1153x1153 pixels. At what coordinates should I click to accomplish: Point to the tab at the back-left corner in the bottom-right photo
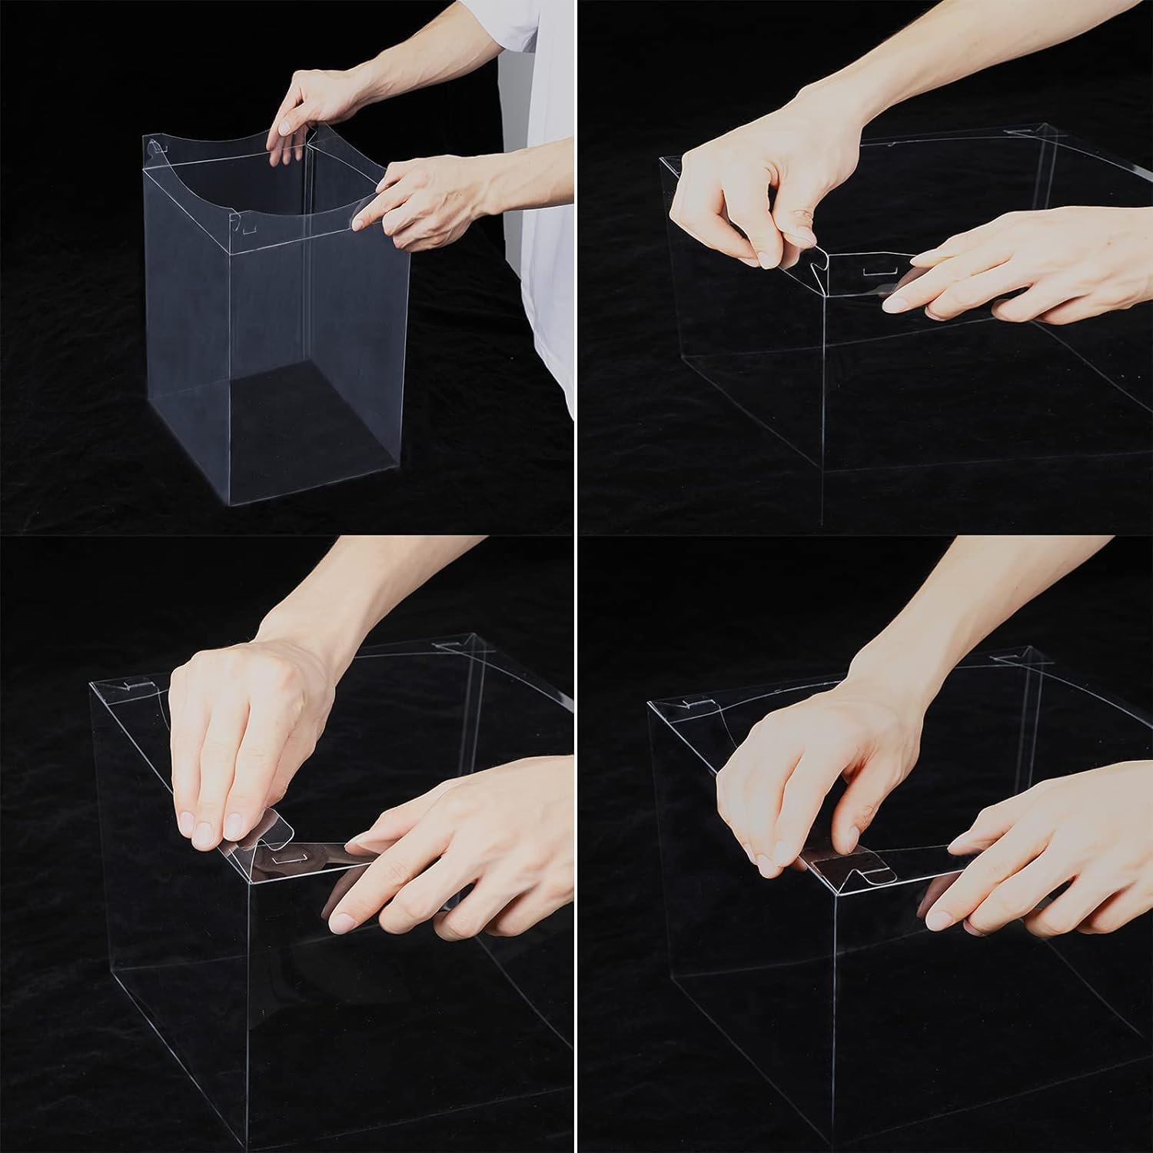(x=692, y=701)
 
